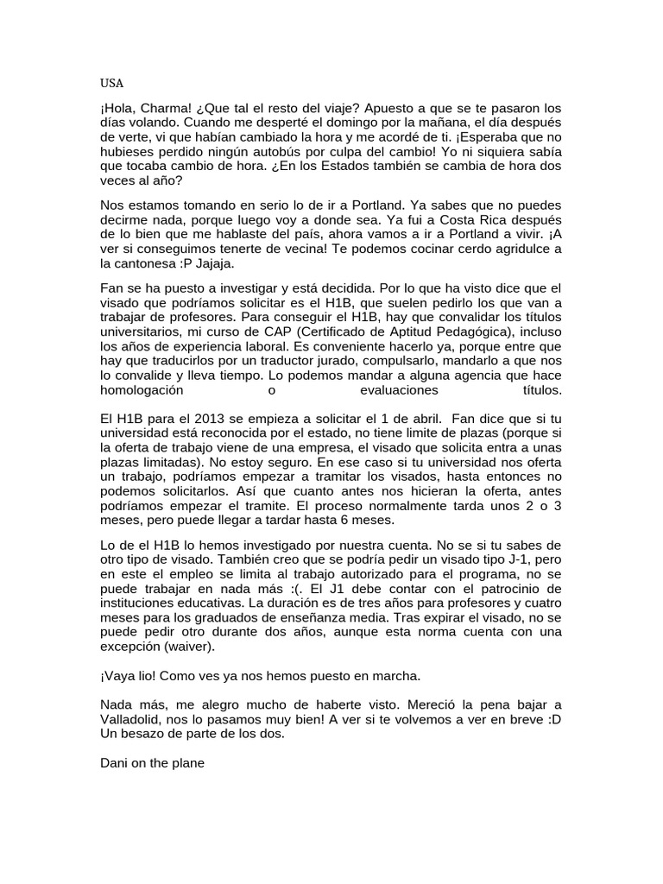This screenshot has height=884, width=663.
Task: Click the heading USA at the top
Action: [x=112, y=83]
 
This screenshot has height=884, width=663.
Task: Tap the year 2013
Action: [x=193, y=418]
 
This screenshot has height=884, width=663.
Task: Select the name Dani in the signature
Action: [x=114, y=763]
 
